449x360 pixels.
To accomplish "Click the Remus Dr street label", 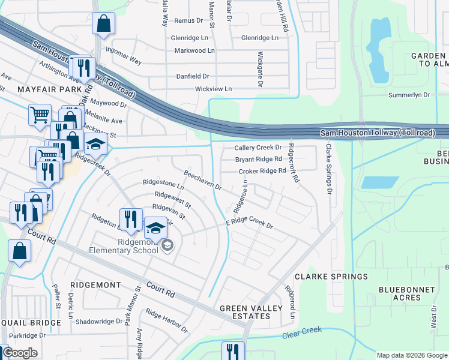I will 188,20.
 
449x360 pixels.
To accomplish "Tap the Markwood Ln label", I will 194,50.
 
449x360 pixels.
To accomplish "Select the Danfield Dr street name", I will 192,76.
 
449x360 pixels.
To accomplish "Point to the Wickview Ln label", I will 213,89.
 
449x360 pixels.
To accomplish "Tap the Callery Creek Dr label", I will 258,147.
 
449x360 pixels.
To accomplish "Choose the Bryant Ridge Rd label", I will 258,159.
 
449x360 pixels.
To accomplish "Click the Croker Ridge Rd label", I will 262,171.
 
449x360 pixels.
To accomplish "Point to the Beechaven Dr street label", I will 202,179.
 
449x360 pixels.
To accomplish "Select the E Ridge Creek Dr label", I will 249,223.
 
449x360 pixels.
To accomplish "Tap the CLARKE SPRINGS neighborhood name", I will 331,277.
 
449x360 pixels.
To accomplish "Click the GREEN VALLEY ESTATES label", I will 250,313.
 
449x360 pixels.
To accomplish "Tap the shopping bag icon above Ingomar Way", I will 104,24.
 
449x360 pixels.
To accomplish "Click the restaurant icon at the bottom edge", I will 232,350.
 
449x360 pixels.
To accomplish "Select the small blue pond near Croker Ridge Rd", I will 380,182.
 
